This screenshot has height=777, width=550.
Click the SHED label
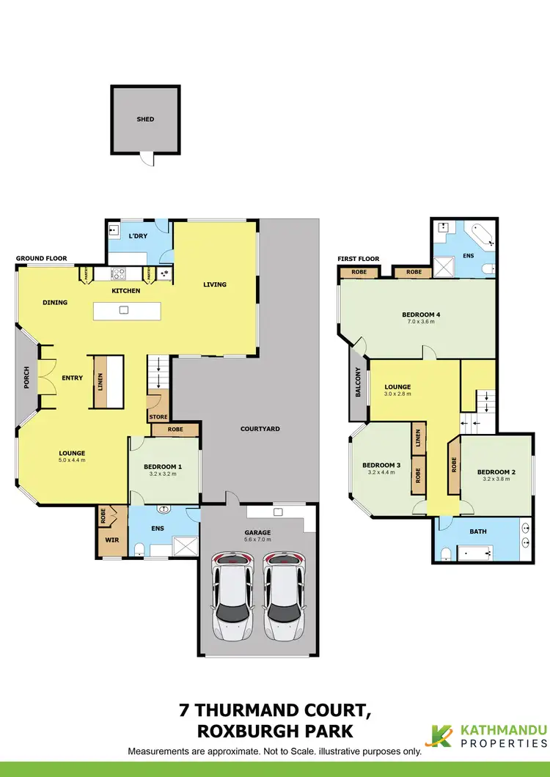145,119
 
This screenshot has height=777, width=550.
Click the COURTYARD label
260,429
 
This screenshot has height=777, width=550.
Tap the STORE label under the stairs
158,418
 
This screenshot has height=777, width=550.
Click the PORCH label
26,378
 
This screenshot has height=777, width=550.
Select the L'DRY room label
136,236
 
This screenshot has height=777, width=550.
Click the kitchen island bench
124,311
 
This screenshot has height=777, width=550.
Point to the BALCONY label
359,383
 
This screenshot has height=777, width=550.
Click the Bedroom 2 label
496,472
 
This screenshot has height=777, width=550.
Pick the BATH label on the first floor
478,531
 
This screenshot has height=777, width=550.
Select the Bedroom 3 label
381,465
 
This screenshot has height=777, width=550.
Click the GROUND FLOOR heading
41,259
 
